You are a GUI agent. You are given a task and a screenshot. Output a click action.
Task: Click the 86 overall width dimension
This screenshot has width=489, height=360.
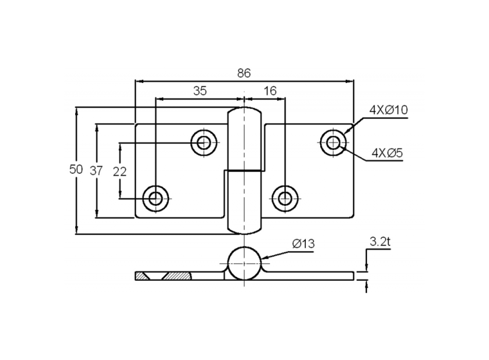pyautogui.click(x=244, y=73)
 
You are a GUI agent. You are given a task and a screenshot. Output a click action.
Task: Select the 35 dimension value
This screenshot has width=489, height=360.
pyautogui.click(x=200, y=91)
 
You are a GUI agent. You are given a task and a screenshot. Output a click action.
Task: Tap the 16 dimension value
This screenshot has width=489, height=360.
pyautogui.click(x=270, y=91)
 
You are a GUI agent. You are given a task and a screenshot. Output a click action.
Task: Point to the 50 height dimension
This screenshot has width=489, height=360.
pyautogui.click(x=76, y=170)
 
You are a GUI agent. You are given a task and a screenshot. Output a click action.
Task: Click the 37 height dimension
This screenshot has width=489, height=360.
pyautogui.click(x=96, y=171)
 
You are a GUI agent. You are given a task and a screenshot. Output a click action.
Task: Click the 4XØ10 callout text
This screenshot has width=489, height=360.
pyautogui.click(x=388, y=110)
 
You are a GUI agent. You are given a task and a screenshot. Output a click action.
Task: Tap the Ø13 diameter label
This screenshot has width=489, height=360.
pyautogui.click(x=303, y=244)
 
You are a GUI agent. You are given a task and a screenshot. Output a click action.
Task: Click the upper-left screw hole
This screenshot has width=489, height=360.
pyautogui.click(x=204, y=142)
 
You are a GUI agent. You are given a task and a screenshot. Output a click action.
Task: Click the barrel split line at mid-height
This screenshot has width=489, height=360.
pyautogui.click(x=244, y=170)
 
